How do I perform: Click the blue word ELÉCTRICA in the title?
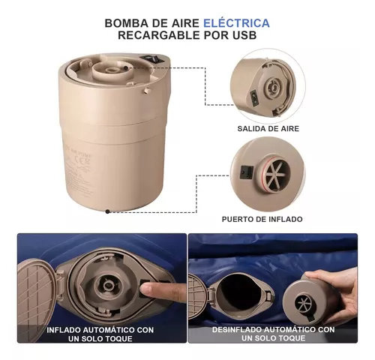pos(236,23)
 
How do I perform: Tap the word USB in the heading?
pos(244,35)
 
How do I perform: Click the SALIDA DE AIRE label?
pos(268,129)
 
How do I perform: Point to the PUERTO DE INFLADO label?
pos(262,219)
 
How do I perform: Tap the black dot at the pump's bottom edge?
pos(107,211)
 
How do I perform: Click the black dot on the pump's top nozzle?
pos(126,67)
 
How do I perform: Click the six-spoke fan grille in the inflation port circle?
pos(277,173)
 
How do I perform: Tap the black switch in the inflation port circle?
pos(246,172)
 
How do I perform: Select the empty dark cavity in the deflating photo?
pos(235,292)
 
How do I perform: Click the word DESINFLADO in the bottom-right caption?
pos(236,329)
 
